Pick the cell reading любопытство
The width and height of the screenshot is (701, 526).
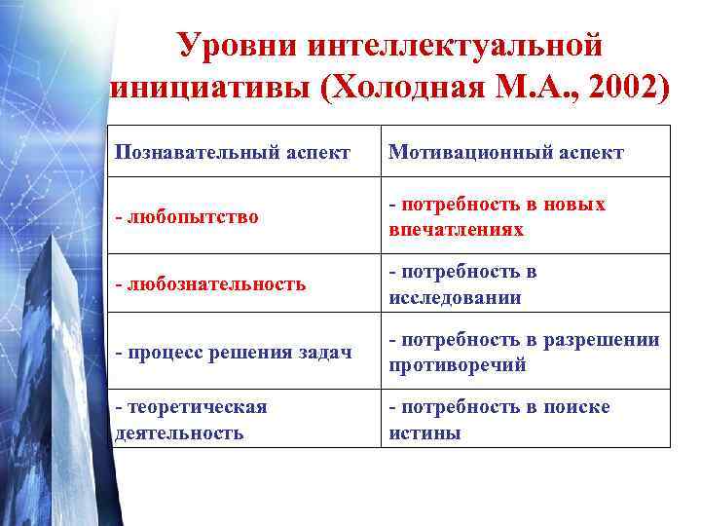pyautogui.click(x=187, y=216)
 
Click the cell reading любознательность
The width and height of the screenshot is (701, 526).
pyautogui.click(x=210, y=284)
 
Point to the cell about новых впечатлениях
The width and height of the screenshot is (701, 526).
pyautogui.click(x=498, y=216)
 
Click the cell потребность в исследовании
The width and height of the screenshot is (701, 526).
pyautogui.click(x=463, y=284)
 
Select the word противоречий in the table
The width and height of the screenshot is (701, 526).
pyautogui.click(x=458, y=365)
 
